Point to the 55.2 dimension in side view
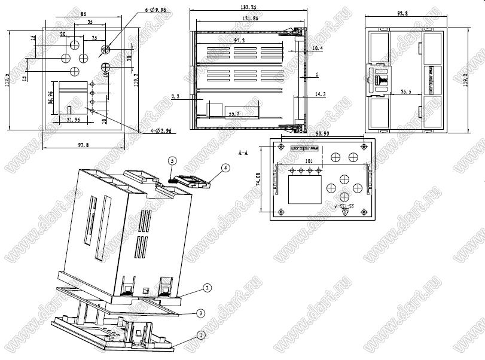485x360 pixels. (x=234, y=112)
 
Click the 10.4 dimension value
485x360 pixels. (x=317, y=47)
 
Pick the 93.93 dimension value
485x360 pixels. (x=323, y=133)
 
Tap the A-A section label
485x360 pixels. (x=243, y=153)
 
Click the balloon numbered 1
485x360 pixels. (x=201, y=335)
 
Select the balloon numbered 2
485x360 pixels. (x=207, y=288)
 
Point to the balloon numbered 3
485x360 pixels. (x=202, y=313)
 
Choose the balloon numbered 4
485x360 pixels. (x=224, y=169)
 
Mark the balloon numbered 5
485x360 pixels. (x=172, y=161)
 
